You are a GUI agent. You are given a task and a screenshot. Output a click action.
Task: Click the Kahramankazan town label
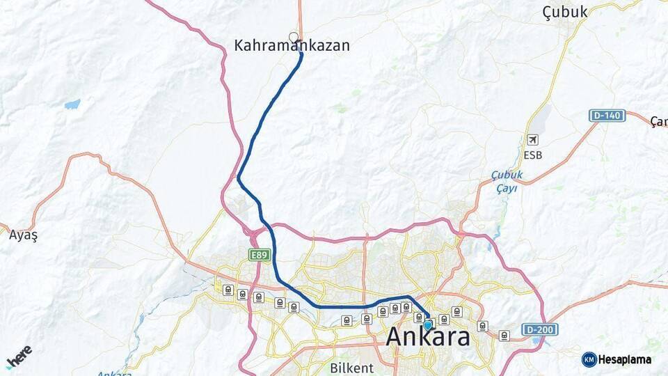pos(292,46)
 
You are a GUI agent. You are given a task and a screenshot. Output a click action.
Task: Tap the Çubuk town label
pos(564,11)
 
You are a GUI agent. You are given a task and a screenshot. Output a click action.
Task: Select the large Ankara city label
pos(427,338)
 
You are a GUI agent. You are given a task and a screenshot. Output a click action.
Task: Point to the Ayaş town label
pos(23,235)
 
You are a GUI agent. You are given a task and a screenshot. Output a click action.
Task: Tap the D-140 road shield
pos(607,116)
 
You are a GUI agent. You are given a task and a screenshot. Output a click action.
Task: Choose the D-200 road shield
pos(541,329)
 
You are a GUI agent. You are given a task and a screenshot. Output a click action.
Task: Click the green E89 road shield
pos(260,256)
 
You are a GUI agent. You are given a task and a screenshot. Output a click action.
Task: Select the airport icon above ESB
pos(533,140)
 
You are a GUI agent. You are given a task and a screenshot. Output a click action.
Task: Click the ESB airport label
pos(533,155)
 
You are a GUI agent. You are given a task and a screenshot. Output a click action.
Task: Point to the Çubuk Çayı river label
pos(507,181)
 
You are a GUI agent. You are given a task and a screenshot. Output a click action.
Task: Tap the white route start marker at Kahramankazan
pos(294,38)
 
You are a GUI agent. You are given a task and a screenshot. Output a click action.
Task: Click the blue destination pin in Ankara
pos(427,324)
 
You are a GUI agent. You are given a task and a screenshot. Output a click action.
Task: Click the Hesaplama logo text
pos(624,359)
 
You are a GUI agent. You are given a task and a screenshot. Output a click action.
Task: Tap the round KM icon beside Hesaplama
pos(589,359)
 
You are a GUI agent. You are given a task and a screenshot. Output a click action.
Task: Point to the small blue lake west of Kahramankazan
pos(72,104)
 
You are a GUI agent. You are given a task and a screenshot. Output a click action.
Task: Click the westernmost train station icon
pos(228,290)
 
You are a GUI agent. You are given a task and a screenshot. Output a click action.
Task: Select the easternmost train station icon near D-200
pos(504,336)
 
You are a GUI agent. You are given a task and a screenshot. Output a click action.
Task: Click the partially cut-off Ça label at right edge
pos(658,122)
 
